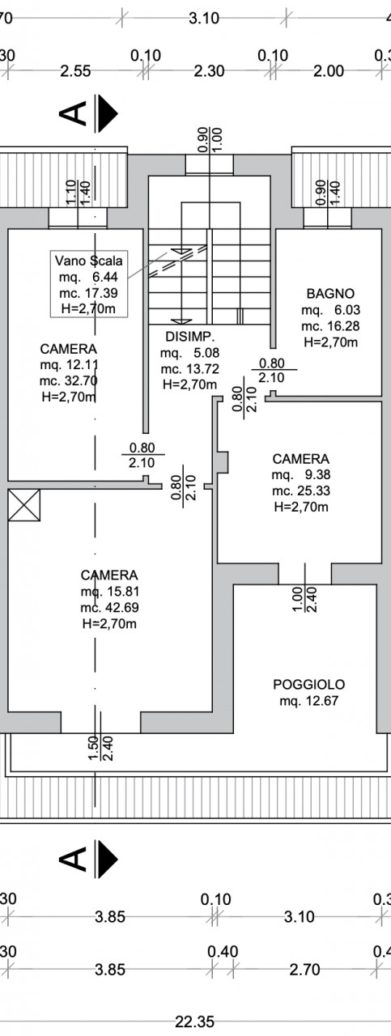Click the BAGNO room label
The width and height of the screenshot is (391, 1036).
pyautogui.click(x=330, y=293)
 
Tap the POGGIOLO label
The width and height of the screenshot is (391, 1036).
pyautogui.click(x=308, y=684)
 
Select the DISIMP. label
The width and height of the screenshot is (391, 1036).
pyautogui.click(x=189, y=337)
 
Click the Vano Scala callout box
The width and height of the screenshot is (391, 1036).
pyautogui.click(x=89, y=284)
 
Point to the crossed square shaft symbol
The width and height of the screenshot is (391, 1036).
pyautogui.click(x=24, y=505)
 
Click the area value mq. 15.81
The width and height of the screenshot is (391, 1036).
pyautogui.click(x=109, y=591)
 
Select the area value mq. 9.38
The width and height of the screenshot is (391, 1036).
pyautogui.click(x=301, y=474)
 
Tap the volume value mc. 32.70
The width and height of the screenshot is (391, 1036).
pyautogui.click(x=69, y=381)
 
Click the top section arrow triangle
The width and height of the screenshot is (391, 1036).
pyautogui.click(x=108, y=113)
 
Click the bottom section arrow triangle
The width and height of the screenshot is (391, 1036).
pyautogui.click(x=108, y=860)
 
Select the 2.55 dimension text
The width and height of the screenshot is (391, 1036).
pyautogui.click(x=75, y=71)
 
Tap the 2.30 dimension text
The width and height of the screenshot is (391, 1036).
pyautogui.click(x=209, y=71)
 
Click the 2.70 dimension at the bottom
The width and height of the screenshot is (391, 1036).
pyautogui.click(x=304, y=969)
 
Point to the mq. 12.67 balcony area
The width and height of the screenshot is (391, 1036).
pyautogui.click(x=308, y=701)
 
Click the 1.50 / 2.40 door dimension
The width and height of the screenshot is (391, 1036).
pyautogui.click(x=100, y=749)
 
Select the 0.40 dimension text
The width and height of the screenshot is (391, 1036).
pyautogui.click(x=223, y=951)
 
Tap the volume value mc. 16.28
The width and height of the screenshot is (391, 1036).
pyautogui.click(x=330, y=326)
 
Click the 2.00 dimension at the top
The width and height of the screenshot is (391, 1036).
pyautogui.click(x=329, y=71)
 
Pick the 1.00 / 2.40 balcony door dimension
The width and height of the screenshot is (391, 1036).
pyautogui.click(x=304, y=600)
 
